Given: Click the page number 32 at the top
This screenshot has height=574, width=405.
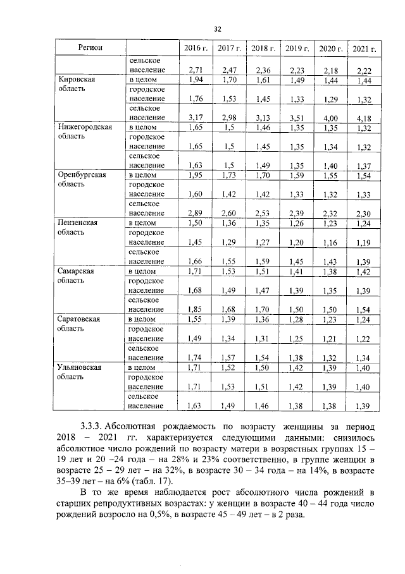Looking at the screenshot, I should [217, 29].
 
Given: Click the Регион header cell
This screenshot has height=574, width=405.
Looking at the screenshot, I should [91, 48].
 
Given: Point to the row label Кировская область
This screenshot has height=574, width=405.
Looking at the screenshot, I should [77, 85].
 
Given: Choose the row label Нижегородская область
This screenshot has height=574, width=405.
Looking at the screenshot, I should [85, 131].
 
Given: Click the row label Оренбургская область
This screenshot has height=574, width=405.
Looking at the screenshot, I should [82, 179].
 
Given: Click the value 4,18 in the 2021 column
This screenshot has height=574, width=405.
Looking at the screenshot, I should [364, 117].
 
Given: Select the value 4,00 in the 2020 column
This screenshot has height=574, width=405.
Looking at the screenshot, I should [330, 117].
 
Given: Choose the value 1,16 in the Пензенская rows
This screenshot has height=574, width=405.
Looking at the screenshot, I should [330, 243].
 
